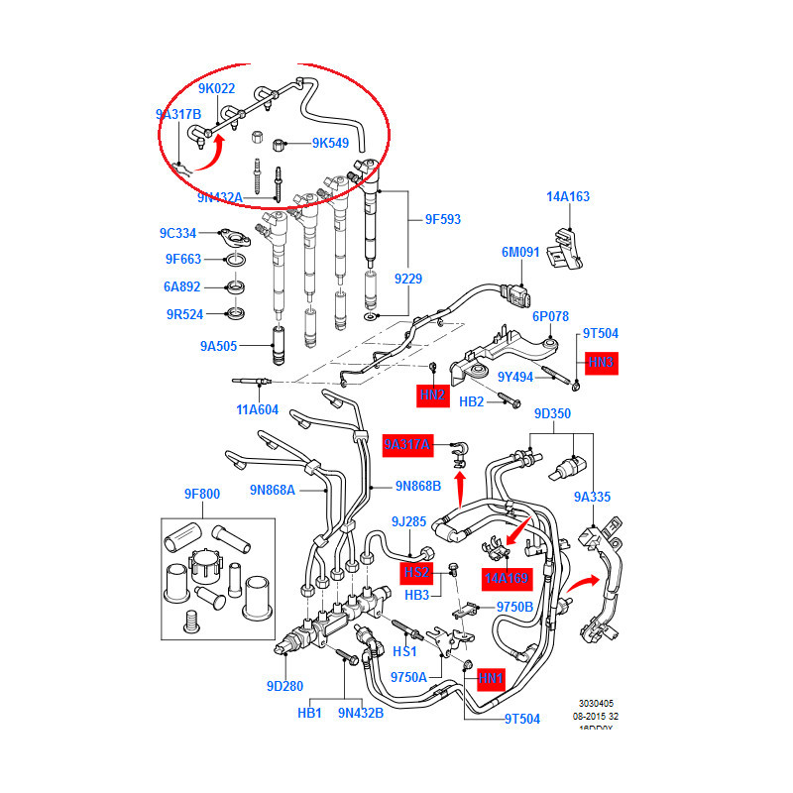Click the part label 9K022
tap(216, 89)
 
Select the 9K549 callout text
tap(330, 143)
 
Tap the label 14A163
tap(567, 196)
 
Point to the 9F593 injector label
tap(442, 219)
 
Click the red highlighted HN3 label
tap(602, 363)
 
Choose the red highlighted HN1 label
tap(492, 679)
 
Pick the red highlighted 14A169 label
tap(507, 577)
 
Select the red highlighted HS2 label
tap(416, 572)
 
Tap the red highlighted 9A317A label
tap(408, 446)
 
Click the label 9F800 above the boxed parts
tap(201, 494)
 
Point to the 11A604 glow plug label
tap(257, 408)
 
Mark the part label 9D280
tap(283, 686)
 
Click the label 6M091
tap(519, 253)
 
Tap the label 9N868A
tap(273, 489)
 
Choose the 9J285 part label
tap(408, 520)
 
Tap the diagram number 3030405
tap(592, 700)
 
